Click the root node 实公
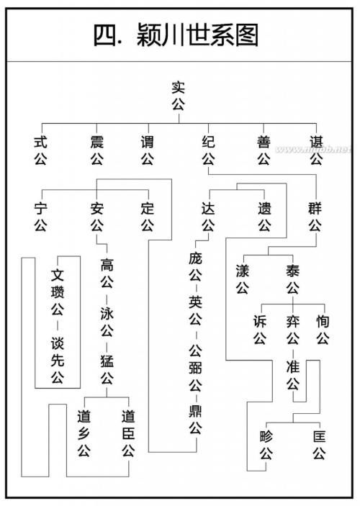point(179,96)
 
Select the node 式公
point(40,150)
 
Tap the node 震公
point(97,150)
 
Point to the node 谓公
point(147,150)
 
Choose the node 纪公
point(208,150)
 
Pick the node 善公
point(264,150)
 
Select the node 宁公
point(40,217)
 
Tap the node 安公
point(97,217)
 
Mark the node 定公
point(148,217)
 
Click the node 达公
point(208,217)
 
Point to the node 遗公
point(264,217)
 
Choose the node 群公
point(315,217)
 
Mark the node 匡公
point(319,444)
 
